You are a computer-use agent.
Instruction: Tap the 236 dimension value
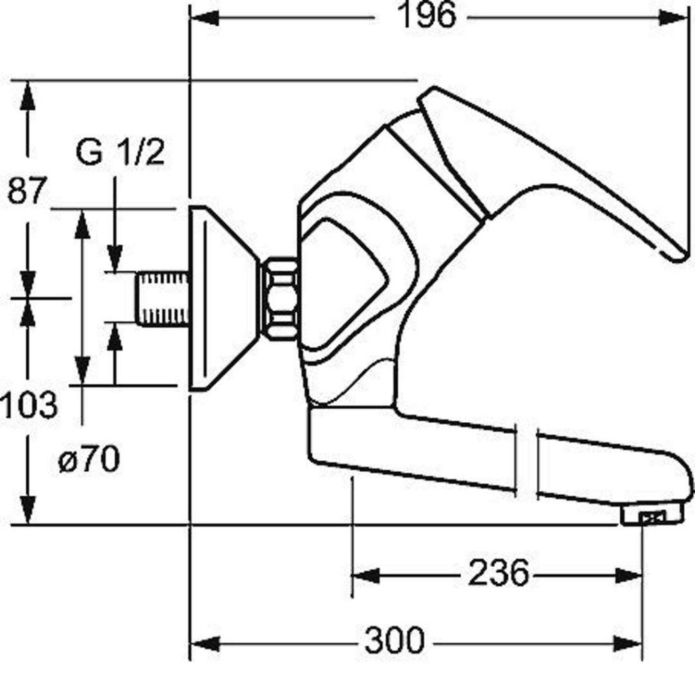pyautogui.click(x=499, y=573)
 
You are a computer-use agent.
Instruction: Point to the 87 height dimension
pyautogui.click(x=26, y=191)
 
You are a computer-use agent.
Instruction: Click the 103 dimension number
pyautogui.click(x=29, y=405)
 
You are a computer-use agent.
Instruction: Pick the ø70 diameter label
pyautogui.click(x=89, y=459)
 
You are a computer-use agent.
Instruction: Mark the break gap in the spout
pyautogui.click(x=527, y=461)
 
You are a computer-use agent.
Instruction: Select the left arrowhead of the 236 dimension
pyautogui.click(x=366, y=576)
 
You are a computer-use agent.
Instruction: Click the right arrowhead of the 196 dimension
pyautogui.click(x=673, y=18)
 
